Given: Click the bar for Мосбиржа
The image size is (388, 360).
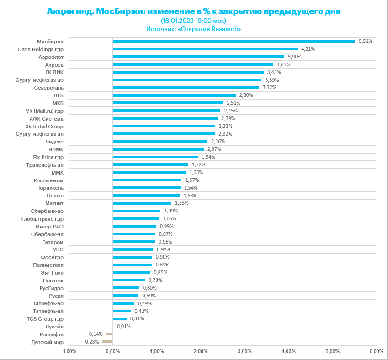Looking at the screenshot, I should (x=234, y=42).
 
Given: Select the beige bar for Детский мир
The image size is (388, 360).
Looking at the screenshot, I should (x=107, y=342).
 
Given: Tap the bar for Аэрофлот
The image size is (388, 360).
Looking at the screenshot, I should (x=198, y=57).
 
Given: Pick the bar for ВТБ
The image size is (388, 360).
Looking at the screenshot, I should (x=174, y=95).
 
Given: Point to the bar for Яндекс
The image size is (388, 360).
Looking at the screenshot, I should (x=160, y=142).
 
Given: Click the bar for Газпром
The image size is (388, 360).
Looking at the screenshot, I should (x=134, y=242).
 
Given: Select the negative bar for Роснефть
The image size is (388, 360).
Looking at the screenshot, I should (x=110, y=334).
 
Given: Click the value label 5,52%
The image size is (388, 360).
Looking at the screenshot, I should (x=366, y=41).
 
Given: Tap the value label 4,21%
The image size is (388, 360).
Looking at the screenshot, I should (x=308, y=49).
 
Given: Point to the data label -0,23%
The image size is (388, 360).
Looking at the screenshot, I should (x=91, y=342).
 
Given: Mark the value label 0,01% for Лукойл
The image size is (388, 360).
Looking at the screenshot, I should (x=123, y=326).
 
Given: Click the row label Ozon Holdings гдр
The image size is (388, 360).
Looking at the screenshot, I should (x=40, y=49).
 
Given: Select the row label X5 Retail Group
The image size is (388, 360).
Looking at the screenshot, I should (x=45, y=126).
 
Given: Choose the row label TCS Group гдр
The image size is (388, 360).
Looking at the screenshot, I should (x=45, y=318).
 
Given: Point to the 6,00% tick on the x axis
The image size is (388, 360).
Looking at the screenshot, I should (x=376, y=351).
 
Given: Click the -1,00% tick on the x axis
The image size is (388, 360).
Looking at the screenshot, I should (x=69, y=351).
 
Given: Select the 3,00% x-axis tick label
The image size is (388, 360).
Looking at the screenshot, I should (x=244, y=351).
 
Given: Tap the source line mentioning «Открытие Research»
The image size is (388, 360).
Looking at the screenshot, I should (x=194, y=29).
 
